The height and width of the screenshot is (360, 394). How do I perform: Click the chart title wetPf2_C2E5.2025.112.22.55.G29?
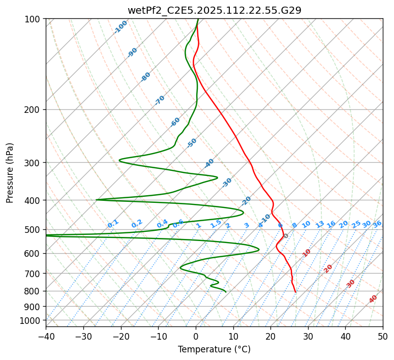[x=214, y=10]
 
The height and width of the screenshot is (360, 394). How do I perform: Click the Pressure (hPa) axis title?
[x=10, y=173]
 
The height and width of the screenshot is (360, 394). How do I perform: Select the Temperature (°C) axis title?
[x=214, y=349]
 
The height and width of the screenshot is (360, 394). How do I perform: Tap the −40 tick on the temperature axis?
[x=46, y=336]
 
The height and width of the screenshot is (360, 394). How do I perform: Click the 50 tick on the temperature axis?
[x=383, y=336]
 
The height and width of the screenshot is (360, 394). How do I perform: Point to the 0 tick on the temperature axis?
[x=196, y=336]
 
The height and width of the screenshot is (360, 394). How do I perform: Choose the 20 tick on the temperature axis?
[x=270, y=336]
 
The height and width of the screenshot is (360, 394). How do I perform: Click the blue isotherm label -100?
[x=121, y=27]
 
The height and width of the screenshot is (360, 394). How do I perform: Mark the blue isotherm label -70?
[x=160, y=100]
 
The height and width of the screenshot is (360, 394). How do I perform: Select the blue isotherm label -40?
[x=209, y=163]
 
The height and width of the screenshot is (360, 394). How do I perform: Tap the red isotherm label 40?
[x=373, y=299]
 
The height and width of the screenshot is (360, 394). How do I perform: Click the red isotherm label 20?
[x=328, y=268]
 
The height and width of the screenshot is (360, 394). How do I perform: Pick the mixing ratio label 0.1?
[x=113, y=223]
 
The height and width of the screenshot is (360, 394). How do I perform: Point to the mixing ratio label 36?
[x=377, y=224]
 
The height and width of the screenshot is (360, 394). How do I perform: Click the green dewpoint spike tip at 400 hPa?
[x=97, y=200]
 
